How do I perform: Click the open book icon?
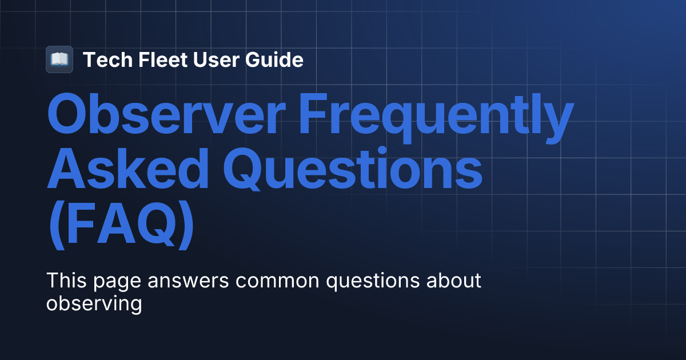[59, 59]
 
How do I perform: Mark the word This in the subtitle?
[64, 281]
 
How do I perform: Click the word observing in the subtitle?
[94, 303]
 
